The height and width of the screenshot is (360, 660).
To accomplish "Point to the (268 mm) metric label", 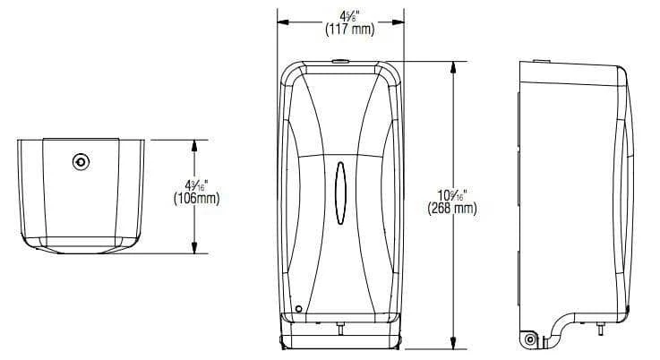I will [x=451, y=210].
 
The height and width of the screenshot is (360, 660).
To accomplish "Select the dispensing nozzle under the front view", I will [x=339, y=329].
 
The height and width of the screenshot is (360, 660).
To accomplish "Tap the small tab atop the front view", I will [x=339, y=62].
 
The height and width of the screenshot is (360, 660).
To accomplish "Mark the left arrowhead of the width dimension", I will [x=280, y=22].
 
